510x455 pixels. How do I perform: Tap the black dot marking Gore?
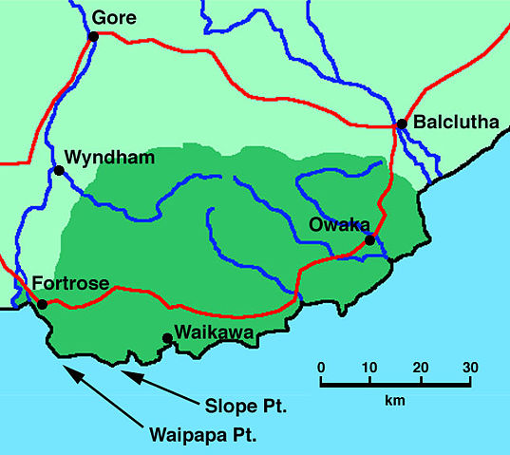point(93,37)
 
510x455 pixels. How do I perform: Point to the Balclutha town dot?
point(402,123)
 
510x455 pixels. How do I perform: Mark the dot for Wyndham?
point(59,171)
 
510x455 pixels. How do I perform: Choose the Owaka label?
point(334,224)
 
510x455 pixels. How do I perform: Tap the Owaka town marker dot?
point(370,240)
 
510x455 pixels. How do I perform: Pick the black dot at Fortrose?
point(42,304)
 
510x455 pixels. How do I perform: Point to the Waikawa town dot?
point(168,337)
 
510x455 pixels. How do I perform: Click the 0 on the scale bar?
point(321,368)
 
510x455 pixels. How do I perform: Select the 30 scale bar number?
point(468,368)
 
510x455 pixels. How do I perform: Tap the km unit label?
point(394,401)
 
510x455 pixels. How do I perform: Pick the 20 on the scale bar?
point(419,368)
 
